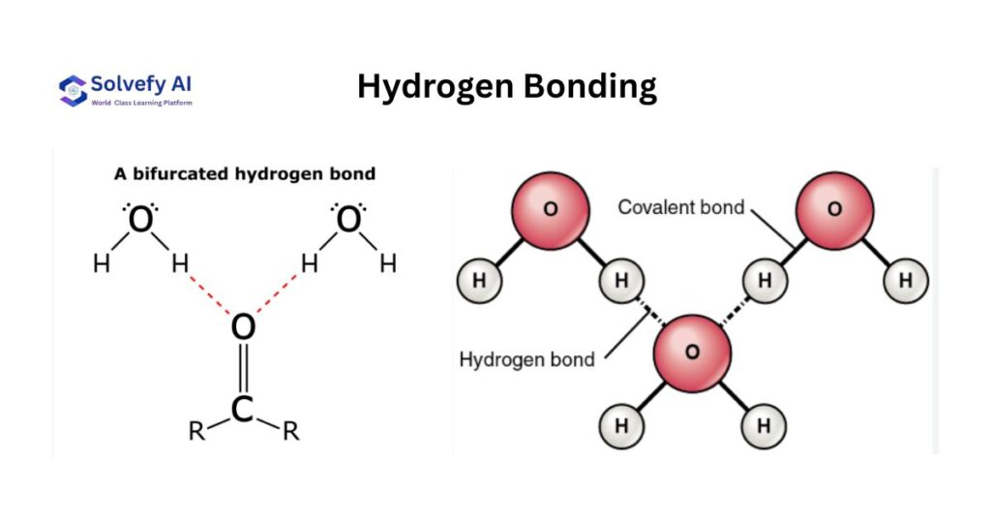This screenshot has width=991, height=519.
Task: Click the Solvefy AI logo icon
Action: click(x=73, y=89)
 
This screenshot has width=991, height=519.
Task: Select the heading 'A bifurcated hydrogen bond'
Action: click(x=245, y=174)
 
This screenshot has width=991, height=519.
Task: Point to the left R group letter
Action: click(x=196, y=431)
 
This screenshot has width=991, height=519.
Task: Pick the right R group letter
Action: click(x=290, y=431)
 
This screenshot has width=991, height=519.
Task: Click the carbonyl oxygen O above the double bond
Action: click(x=243, y=327)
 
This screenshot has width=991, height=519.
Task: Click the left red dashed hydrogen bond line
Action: click(x=210, y=293)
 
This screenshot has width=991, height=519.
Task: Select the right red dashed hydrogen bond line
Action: click(x=277, y=293)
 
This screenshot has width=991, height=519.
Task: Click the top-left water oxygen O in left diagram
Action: click(x=141, y=222)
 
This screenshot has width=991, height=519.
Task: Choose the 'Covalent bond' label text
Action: click(x=681, y=207)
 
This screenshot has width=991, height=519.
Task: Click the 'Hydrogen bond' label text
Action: click(x=526, y=360)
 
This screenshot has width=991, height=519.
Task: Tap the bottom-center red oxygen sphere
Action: click(x=691, y=351)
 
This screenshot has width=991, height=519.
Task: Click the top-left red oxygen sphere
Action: click(x=551, y=210)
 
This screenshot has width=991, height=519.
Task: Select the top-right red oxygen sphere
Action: click(x=834, y=210)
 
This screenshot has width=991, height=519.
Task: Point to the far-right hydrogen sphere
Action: click(x=906, y=281)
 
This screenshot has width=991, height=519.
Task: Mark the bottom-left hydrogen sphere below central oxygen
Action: click(x=621, y=424)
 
